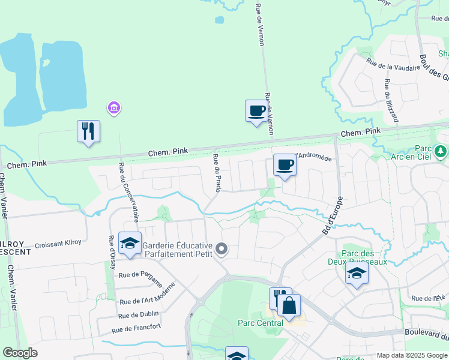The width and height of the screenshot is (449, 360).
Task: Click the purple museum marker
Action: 113,108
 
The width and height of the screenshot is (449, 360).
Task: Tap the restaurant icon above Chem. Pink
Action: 88,131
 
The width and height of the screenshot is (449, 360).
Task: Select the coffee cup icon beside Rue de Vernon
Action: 256,111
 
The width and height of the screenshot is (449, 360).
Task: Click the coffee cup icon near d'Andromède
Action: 285,165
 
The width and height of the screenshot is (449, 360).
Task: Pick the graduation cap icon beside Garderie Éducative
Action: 130,243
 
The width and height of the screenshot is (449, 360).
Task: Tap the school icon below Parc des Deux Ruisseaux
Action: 357,274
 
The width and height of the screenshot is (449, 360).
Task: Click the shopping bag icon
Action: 289,305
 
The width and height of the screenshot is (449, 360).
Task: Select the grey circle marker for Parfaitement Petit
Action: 222,248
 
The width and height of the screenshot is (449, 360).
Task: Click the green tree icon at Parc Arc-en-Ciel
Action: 441,150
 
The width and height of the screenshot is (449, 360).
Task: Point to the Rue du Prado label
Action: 217,173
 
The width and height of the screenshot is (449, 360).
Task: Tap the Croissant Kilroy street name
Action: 58,245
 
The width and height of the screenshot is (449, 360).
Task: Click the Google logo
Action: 20,352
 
